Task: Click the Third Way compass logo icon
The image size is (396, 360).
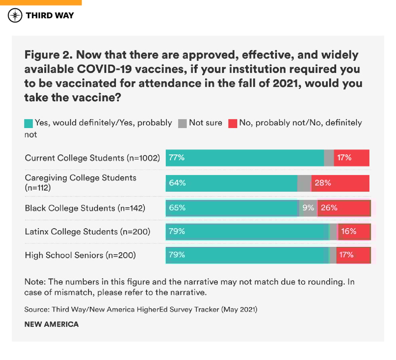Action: pyautogui.click(x=15, y=16)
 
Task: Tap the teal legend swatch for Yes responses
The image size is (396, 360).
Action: pyautogui.click(x=28, y=123)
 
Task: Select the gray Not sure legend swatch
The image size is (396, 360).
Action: pyautogui.click(x=182, y=123)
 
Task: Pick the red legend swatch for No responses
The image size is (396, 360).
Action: pyautogui.click(x=233, y=123)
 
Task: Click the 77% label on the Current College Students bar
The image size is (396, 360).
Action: pyautogui.click(x=177, y=158)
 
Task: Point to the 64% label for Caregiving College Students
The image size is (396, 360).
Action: pyautogui.click(x=177, y=183)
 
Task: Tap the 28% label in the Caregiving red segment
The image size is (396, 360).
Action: pyautogui.click(x=323, y=183)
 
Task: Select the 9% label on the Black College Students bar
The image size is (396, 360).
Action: pyautogui.click(x=308, y=208)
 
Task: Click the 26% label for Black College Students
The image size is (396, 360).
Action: pyautogui.click(x=329, y=208)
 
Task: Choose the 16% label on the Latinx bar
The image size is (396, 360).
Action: pyautogui.click(x=349, y=232)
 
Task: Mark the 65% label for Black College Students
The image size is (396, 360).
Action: pyautogui.click(x=177, y=208)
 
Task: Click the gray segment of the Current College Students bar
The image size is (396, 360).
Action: pyautogui.click(x=329, y=158)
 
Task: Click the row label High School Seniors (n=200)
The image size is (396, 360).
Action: pyautogui.click(x=80, y=255)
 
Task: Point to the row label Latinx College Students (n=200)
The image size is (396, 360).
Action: pyautogui.click(x=87, y=232)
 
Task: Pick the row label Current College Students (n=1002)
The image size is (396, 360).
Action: pyautogui.click(x=92, y=158)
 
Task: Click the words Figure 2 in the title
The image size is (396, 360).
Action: pyautogui.click(x=48, y=55)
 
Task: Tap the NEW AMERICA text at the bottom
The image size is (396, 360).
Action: pyautogui.click(x=51, y=324)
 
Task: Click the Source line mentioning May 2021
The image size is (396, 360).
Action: pyautogui.click(x=141, y=309)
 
